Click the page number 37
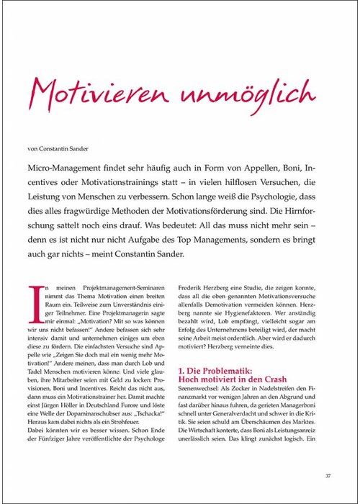328,475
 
